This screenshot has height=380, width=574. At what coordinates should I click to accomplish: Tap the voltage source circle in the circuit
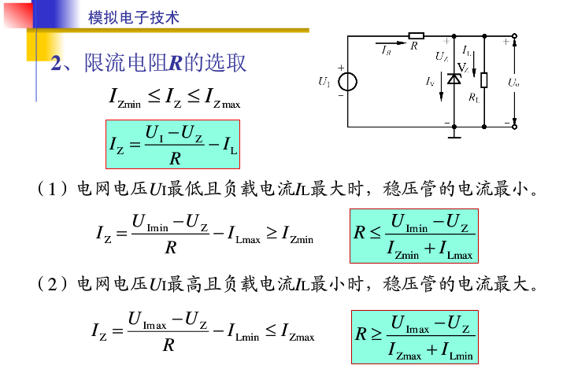pos(346,83)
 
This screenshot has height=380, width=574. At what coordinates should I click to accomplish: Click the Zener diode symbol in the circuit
pos(454,79)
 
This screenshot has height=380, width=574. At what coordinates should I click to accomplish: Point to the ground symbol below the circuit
pos(454,134)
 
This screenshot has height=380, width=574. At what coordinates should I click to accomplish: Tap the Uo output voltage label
pos(513,82)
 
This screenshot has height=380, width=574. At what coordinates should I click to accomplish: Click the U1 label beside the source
pos(324,82)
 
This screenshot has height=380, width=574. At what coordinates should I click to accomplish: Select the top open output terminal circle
pos(515,36)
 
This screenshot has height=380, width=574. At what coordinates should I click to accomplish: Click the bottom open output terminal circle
pos(515,126)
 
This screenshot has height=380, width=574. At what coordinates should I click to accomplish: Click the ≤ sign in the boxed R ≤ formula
pos(374,234)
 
